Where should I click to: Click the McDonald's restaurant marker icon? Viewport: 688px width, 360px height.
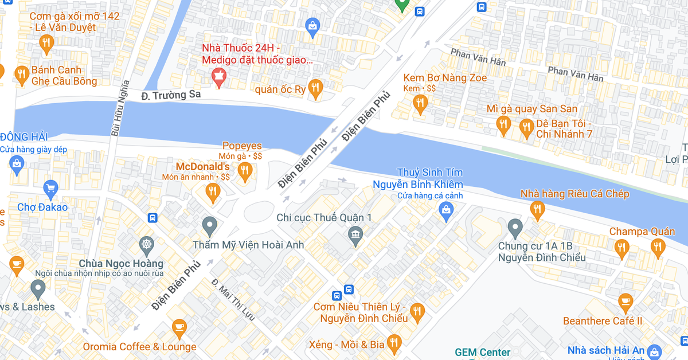tap(213, 192)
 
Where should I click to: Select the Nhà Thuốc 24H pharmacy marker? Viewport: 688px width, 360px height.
tap(218, 75)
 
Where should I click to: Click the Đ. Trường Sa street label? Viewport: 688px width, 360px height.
tap(171, 95)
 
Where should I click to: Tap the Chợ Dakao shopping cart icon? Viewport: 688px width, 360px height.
tap(50, 187)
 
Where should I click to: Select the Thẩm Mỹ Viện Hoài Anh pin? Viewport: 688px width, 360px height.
tap(210, 225)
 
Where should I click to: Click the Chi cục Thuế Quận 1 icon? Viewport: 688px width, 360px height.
tap(355, 234)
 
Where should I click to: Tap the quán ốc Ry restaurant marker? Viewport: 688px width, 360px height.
tap(315, 88)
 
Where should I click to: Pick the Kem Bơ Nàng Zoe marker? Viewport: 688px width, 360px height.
tap(420, 103)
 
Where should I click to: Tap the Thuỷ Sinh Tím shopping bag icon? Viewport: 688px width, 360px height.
tap(446, 212)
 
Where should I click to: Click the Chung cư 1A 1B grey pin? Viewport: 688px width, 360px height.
tap(515, 227)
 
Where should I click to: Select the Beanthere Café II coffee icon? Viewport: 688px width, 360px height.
tap(625, 301)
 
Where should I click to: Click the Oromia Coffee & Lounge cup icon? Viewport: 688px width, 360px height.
tap(179, 327)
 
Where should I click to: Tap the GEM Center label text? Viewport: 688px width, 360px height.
tap(482, 352)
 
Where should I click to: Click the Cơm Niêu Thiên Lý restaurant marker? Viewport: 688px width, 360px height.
tap(417, 311)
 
